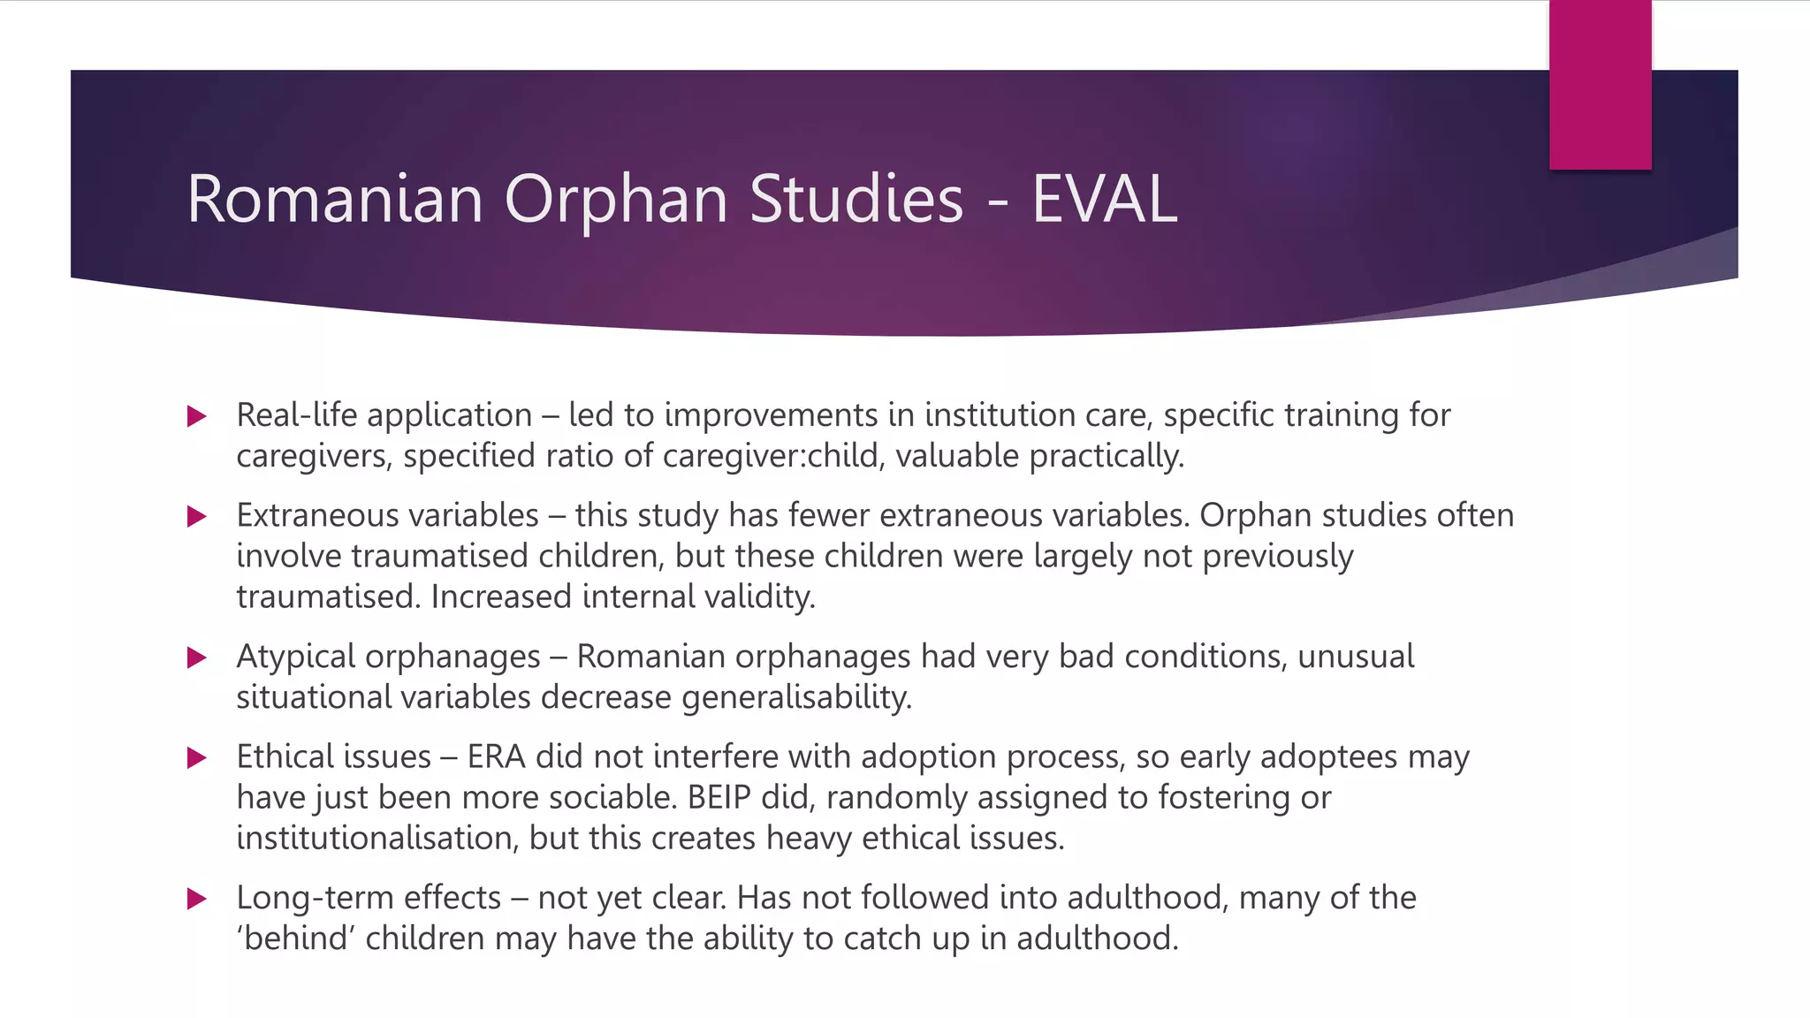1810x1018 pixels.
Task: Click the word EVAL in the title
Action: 1104,199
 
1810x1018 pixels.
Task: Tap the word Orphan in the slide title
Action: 616,199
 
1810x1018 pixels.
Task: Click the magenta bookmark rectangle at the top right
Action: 1600,84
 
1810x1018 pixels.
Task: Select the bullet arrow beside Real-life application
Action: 196,416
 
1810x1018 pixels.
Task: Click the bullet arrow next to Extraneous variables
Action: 196,516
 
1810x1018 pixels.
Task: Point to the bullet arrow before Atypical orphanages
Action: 196,657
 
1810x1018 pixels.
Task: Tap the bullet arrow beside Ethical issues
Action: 196,757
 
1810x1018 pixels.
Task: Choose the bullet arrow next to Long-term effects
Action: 196,899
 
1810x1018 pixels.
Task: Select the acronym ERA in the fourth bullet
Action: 496,756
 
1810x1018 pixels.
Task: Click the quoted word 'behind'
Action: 295,938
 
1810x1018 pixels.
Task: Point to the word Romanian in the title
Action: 335,199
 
